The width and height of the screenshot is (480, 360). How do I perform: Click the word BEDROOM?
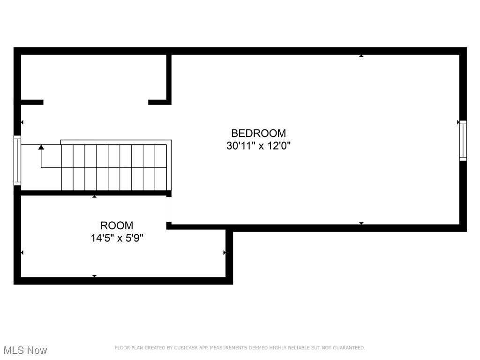258,133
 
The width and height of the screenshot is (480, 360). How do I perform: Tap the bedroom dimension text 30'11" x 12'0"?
258,146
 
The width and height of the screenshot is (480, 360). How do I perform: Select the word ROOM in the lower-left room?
117,225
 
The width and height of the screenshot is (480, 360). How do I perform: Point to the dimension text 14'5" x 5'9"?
117,238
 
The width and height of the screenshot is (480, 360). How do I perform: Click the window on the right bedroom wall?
463,141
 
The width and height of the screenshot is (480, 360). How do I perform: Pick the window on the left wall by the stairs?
17,160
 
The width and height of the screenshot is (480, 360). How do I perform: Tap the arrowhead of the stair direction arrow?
41,147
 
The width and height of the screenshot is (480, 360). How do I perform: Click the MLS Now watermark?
25,350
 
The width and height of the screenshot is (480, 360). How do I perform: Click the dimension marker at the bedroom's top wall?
361,56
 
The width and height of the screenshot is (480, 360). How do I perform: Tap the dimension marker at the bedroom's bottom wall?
361,223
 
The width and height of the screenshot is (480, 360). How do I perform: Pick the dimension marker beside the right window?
458,122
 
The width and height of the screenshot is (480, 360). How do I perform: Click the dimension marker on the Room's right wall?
225,253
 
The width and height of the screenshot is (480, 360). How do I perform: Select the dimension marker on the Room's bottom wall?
94,276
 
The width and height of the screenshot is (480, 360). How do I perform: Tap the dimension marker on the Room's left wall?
22,253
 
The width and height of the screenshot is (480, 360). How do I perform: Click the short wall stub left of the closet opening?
32,102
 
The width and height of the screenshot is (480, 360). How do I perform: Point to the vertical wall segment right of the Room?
229,255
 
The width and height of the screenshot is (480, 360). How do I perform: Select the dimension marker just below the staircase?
94,196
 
